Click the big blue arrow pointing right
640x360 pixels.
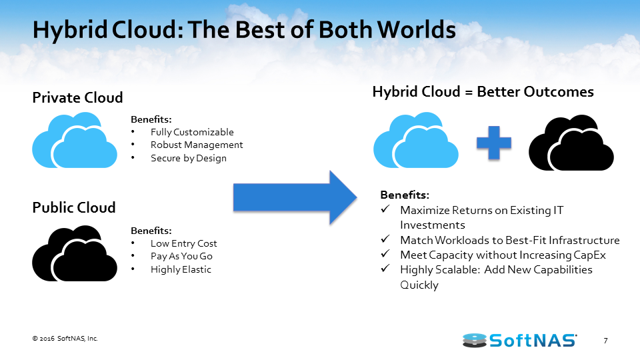point(295,197)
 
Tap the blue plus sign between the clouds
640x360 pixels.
point(494,143)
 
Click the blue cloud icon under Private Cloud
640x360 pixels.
point(75,140)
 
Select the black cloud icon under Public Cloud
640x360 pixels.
point(75,253)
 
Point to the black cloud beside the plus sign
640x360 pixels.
point(571,143)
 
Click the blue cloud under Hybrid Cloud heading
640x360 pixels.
point(416,140)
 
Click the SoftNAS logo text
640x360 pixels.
point(533,340)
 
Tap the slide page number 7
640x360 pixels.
point(606,341)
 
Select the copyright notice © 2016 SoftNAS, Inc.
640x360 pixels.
point(65,339)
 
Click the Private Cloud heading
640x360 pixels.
point(77,97)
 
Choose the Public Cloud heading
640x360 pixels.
point(74,207)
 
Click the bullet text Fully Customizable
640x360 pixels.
point(192,132)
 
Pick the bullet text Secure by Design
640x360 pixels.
point(189,158)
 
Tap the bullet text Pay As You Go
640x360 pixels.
point(181,256)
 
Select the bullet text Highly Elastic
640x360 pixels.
point(181,269)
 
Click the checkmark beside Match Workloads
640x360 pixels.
point(385,239)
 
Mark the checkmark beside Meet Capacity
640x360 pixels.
point(385,253)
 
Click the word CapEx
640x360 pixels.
point(590,255)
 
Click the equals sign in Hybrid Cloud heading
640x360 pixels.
point(469,93)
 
